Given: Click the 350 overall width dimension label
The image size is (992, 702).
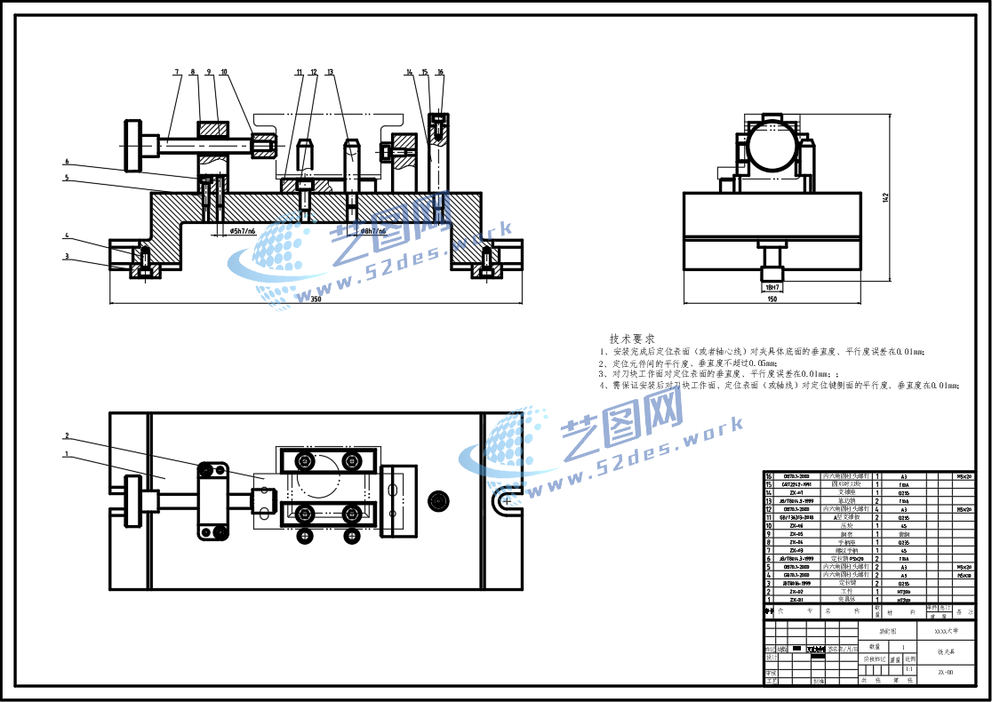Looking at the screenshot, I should (316, 299).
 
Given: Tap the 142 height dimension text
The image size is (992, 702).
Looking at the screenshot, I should (885, 197).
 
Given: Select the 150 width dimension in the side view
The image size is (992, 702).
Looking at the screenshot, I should (771, 299).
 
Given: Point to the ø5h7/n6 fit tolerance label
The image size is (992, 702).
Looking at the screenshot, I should (243, 231).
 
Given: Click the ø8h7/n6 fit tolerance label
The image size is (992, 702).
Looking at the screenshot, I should (367, 231).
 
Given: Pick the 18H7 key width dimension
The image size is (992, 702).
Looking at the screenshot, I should (772, 287).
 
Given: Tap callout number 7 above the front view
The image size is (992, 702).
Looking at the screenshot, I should (177, 72).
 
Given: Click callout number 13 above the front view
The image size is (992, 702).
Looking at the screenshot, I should (330, 72).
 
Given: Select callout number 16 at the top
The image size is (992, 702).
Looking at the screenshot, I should (440, 72).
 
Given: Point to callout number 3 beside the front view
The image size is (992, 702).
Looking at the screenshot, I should (66, 257).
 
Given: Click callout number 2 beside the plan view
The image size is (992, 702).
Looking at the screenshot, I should (66, 436).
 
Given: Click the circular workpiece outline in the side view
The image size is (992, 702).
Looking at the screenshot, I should (770, 147).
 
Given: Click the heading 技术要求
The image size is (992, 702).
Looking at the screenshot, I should (632, 339).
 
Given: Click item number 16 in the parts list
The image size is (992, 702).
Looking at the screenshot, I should (770, 475).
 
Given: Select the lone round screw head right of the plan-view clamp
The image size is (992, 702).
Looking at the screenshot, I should (437, 499).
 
